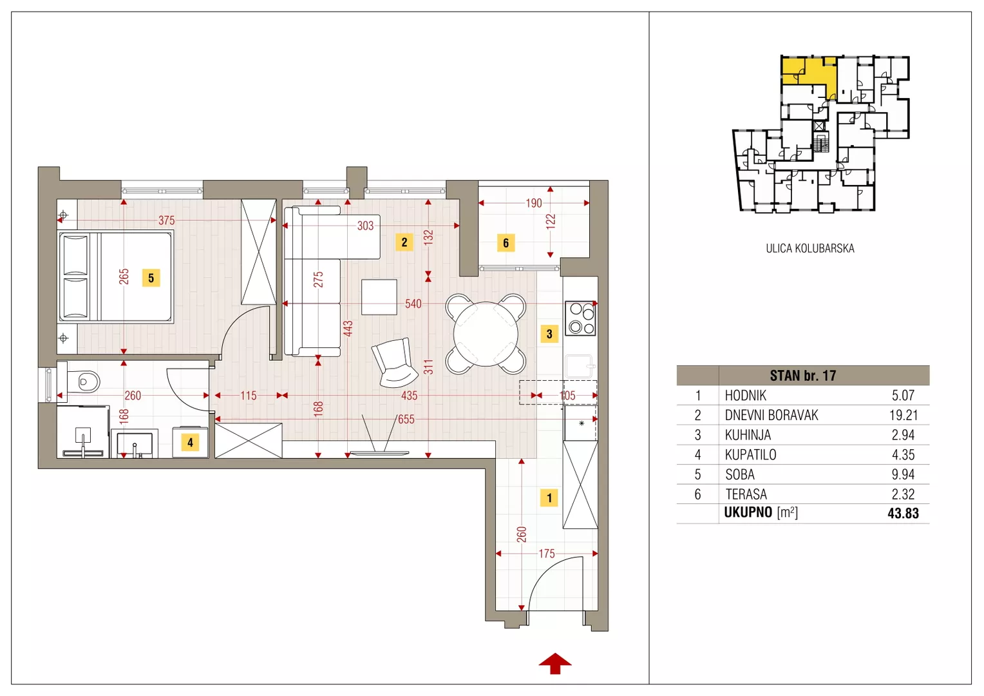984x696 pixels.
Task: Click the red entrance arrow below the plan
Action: pyautogui.click(x=555, y=663)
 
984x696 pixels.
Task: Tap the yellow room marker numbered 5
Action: pyautogui.click(x=151, y=278)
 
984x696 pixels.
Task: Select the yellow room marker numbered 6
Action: pyautogui.click(x=506, y=243)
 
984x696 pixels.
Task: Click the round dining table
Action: pyautogui.click(x=486, y=334)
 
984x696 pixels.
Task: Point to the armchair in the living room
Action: pyautogui.click(x=394, y=363)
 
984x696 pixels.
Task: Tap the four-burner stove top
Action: pyautogui.click(x=580, y=318)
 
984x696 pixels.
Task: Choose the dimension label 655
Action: pyautogui.click(x=406, y=419)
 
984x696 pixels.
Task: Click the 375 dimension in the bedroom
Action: pyautogui.click(x=167, y=220)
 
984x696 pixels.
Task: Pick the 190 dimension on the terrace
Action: pyautogui.click(x=534, y=203)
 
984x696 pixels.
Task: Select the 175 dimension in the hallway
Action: pyautogui.click(x=547, y=554)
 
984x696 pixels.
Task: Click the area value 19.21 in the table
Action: pyautogui.click(x=903, y=415)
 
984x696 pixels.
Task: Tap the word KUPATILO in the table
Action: pyautogui.click(x=750, y=454)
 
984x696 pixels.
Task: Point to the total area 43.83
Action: pyautogui.click(x=903, y=513)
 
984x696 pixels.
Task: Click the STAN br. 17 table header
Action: pyautogui.click(x=802, y=376)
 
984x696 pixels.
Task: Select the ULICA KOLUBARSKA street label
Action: pyautogui.click(x=810, y=248)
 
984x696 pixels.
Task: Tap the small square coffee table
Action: pyautogui.click(x=379, y=297)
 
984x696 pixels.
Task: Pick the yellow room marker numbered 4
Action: pyautogui.click(x=190, y=442)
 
